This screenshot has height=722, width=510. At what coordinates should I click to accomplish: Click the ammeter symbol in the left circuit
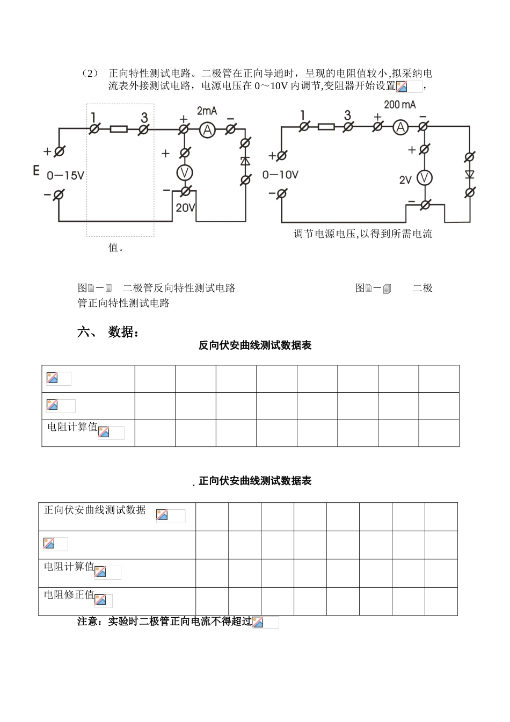pos(207,129)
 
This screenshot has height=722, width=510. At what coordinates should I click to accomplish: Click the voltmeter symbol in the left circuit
pos(185,172)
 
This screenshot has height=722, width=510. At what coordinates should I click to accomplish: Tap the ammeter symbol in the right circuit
pos(399,127)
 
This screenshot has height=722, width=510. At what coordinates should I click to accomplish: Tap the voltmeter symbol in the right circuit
pos(425,178)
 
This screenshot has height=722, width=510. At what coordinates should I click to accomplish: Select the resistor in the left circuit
pos(119,129)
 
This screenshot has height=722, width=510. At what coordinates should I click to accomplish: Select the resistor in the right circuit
pos(326,127)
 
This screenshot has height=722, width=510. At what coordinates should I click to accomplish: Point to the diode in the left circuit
pos(245,161)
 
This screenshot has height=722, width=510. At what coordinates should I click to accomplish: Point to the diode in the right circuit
pos(470,174)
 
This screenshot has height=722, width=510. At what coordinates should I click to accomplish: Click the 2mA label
pos(207,111)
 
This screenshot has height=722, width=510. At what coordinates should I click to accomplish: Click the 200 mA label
pos(399,105)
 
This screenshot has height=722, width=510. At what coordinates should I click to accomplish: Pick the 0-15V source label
pos(65,176)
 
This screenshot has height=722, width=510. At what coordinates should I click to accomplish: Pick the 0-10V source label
pos(280,175)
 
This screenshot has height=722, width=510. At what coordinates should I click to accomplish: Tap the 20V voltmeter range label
pos(185,208)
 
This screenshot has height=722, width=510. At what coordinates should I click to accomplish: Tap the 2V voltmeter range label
pos(405,180)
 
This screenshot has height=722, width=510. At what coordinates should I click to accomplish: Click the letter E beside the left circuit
pos(37,171)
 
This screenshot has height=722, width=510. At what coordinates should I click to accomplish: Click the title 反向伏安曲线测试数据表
pos(255,346)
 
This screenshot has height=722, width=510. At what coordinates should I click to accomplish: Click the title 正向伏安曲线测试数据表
pos(255,481)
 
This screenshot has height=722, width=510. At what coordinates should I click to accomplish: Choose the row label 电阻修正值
pos(69,595)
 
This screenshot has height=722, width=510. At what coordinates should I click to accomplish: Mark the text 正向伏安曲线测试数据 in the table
pos(94,510)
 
